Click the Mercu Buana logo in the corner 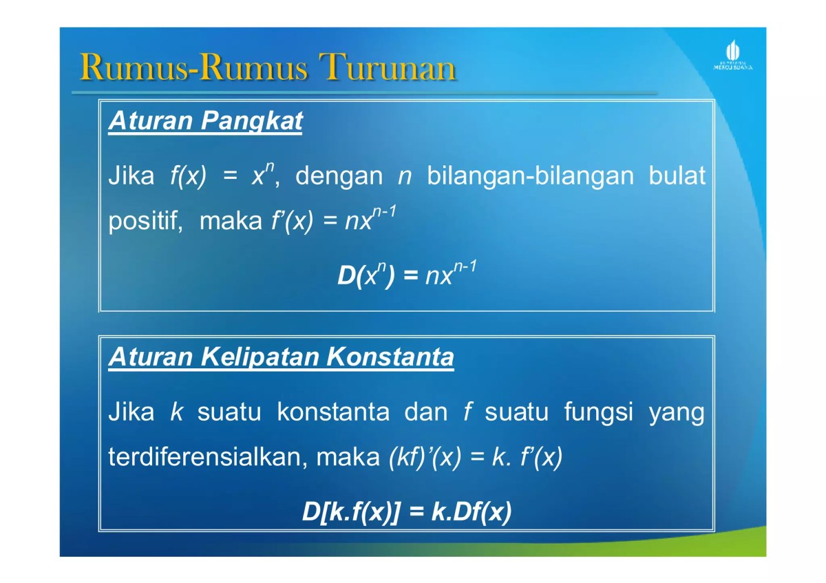(x=732, y=55)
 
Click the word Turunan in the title (x=390, y=68)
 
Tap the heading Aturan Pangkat (x=206, y=122)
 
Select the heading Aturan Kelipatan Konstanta (x=281, y=357)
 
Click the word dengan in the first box (x=338, y=176)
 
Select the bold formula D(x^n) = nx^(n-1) (x=406, y=275)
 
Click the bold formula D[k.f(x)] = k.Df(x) (x=406, y=512)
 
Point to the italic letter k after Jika (x=176, y=412)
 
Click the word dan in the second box (x=425, y=412)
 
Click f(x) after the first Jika (x=187, y=176)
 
